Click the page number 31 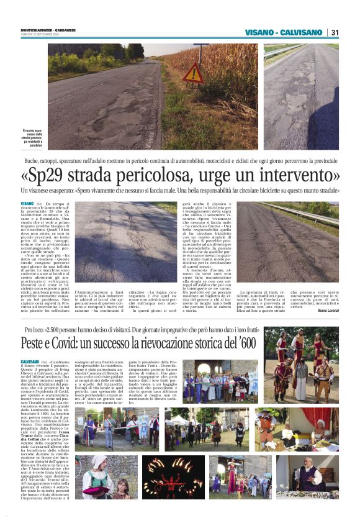coord(335,32)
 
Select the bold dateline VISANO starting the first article coord(27,203)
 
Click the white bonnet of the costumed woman coord(99,462)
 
